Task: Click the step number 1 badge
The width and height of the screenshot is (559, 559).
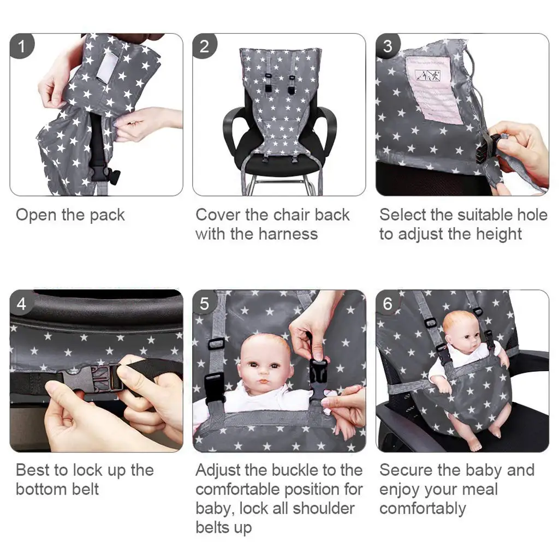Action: tap(22, 46)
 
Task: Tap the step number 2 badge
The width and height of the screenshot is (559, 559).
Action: tap(205, 46)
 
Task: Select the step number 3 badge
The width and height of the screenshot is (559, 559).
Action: tap(388, 46)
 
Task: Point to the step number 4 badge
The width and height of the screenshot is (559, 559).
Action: tap(22, 303)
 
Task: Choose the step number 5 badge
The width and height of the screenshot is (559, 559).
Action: tap(205, 303)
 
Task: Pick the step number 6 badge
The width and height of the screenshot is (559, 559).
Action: tap(388, 303)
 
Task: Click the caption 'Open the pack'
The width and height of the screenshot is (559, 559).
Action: tap(70, 215)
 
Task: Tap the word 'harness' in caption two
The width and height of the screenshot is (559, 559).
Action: tap(287, 234)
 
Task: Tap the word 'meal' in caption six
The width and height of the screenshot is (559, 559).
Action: tap(482, 489)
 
